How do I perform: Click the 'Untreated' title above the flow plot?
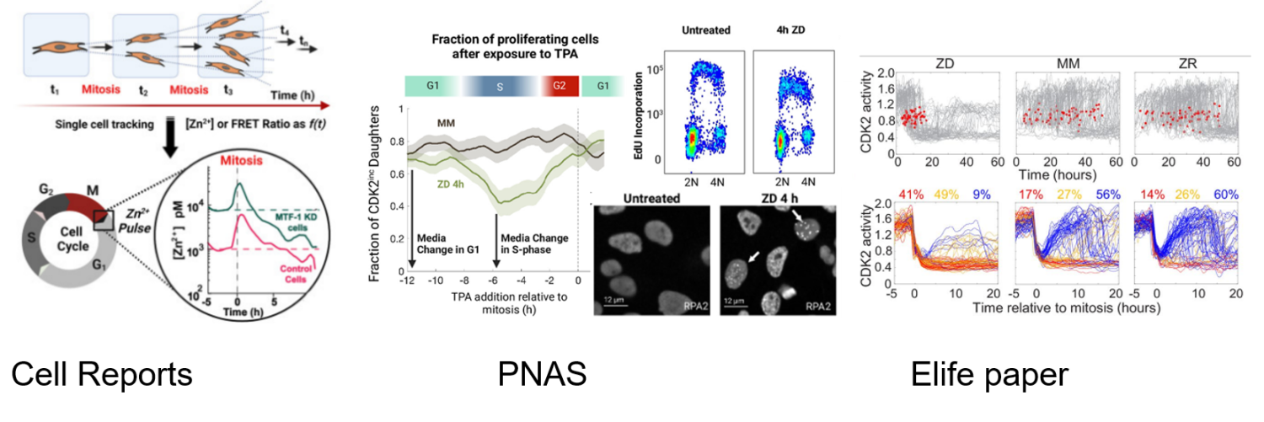pyautogui.click(x=707, y=31)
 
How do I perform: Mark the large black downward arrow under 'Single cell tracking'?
pyautogui.click(x=169, y=136)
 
